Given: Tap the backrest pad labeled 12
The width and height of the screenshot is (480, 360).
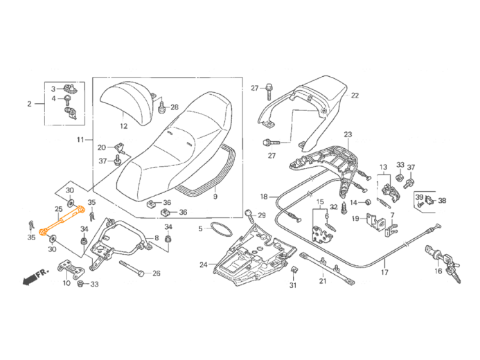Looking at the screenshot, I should coord(127,101).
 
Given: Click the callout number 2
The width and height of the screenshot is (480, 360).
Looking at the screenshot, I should coord(30,105).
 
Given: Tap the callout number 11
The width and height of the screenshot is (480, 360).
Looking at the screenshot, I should coord(80,140).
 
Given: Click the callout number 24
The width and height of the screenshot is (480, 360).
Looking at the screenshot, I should coord(203,264).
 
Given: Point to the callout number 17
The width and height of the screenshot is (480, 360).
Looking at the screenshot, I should coord(384,273).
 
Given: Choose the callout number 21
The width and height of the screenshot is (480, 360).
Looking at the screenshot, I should coord(323,282).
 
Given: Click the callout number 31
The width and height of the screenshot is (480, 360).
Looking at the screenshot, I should coord(292,286).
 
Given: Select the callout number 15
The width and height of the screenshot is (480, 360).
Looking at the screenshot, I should coord(319,201).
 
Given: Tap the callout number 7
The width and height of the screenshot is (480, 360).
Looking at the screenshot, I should coord(391,216).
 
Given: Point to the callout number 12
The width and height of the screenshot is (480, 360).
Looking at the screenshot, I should coord(123,127).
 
